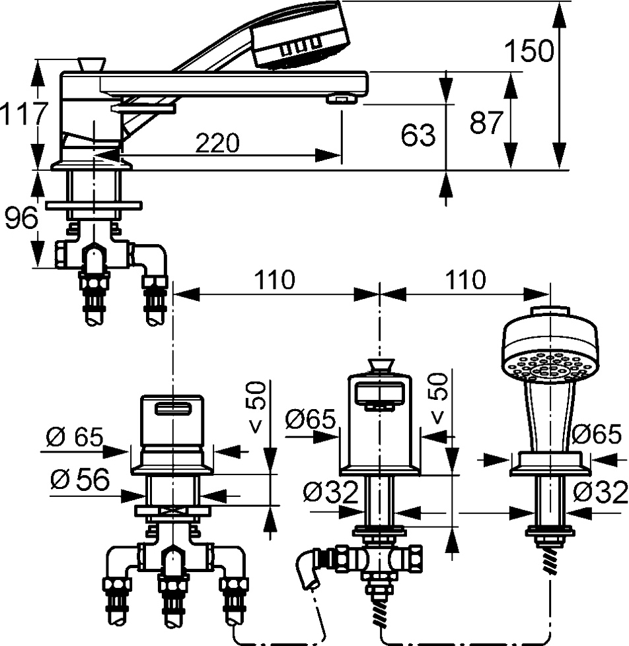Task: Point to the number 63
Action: [418, 135]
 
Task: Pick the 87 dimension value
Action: [487, 123]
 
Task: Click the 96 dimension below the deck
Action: [21, 219]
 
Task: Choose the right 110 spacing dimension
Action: [465, 280]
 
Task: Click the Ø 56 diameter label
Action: [79, 480]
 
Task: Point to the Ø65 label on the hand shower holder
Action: [597, 434]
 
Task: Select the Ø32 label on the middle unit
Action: [330, 492]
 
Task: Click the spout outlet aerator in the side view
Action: [341, 100]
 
